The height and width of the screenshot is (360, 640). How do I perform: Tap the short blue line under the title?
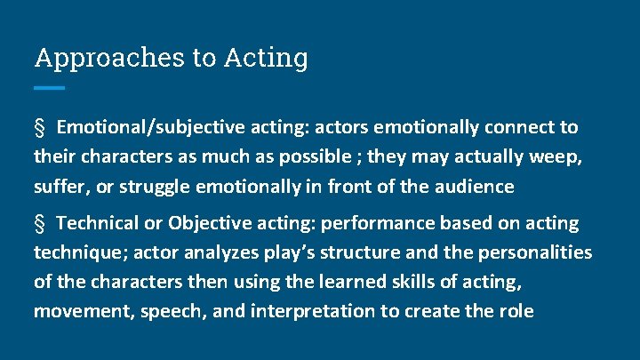(x=50, y=88)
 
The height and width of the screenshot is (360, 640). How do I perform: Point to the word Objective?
(x=207, y=223)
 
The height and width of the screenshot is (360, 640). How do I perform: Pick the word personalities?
(x=535, y=252)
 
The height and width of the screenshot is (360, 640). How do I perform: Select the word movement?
(x=76, y=312)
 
